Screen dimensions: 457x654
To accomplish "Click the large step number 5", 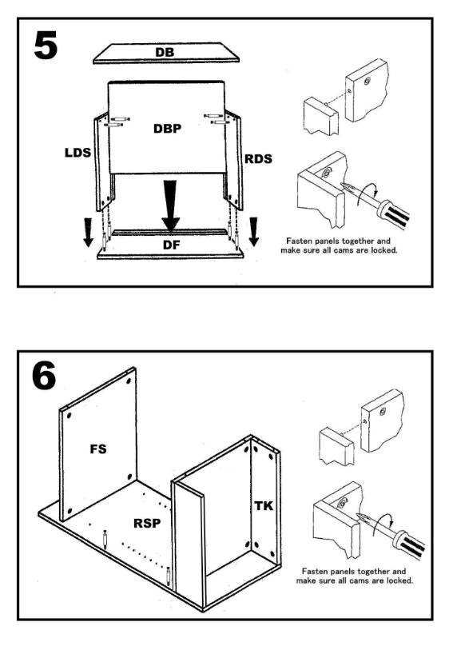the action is click(x=46, y=46).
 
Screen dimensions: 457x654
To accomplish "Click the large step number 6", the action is click(x=44, y=377).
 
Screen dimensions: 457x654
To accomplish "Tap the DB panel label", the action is click(x=165, y=53).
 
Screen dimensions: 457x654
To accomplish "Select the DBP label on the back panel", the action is click(x=167, y=129).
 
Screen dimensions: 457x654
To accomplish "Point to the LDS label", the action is click(x=77, y=153).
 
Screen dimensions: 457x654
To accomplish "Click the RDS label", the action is click(x=258, y=159).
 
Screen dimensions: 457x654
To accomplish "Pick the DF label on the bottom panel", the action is click(x=171, y=245).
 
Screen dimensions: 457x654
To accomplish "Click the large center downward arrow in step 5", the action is click(x=170, y=205).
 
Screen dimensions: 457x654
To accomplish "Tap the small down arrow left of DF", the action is click(x=88, y=233).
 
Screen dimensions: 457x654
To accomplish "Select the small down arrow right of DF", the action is click(x=253, y=232).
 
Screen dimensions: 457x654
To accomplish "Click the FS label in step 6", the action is click(x=98, y=449).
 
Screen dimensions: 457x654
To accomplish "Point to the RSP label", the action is click(x=147, y=523).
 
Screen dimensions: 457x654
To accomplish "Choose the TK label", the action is click(x=264, y=506).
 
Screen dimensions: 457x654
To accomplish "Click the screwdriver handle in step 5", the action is click(x=394, y=214).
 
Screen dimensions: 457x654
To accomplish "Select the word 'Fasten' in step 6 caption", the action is click(x=314, y=572).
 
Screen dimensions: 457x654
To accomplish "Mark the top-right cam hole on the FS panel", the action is click(x=128, y=381).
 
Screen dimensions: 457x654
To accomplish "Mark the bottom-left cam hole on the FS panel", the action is click(x=70, y=511).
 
